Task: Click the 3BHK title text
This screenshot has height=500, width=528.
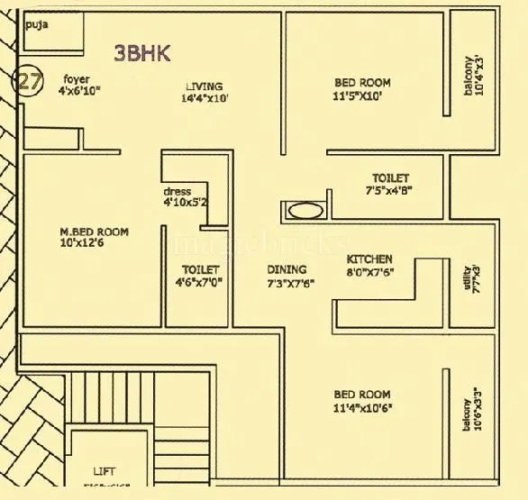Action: coord(142,52)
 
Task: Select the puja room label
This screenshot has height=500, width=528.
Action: coord(36,24)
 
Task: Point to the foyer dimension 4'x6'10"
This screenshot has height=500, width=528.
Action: coord(78,91)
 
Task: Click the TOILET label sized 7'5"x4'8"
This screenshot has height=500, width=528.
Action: coord(390,191)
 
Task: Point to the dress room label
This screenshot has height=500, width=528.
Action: coord(177,192)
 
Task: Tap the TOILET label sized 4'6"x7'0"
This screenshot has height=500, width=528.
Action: coord(201,269)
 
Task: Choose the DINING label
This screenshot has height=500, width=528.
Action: coord(287,269)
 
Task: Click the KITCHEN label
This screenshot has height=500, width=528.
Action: coord(369,259)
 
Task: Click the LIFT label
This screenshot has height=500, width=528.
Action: coord(105,471)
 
